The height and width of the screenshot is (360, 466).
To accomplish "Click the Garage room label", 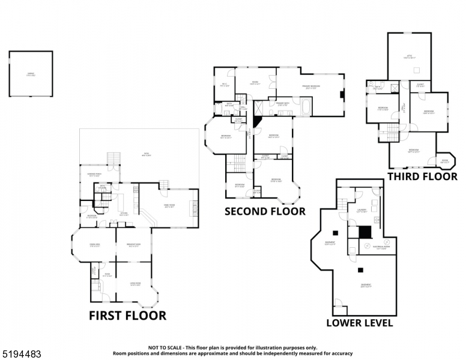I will (x=30, y=75).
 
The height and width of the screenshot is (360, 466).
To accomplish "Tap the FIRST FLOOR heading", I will (x=127, y=315).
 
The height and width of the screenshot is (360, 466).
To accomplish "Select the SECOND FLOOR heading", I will (x=265, y=211).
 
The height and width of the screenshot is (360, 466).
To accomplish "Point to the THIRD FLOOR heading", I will (x=422, y=176).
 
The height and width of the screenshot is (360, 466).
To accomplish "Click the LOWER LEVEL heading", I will (x=359, y=323).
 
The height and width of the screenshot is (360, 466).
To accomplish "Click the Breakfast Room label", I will (x=133, y=245).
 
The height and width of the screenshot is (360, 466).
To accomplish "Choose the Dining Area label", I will (x=94, y=245).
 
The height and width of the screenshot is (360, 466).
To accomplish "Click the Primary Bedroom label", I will (x=310, y=87).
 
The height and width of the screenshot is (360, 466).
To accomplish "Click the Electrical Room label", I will (x=381, y=247).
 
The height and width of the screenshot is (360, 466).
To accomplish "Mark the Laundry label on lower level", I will (x=362, y=211).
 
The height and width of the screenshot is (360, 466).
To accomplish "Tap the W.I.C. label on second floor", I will (x=225, y=85).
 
